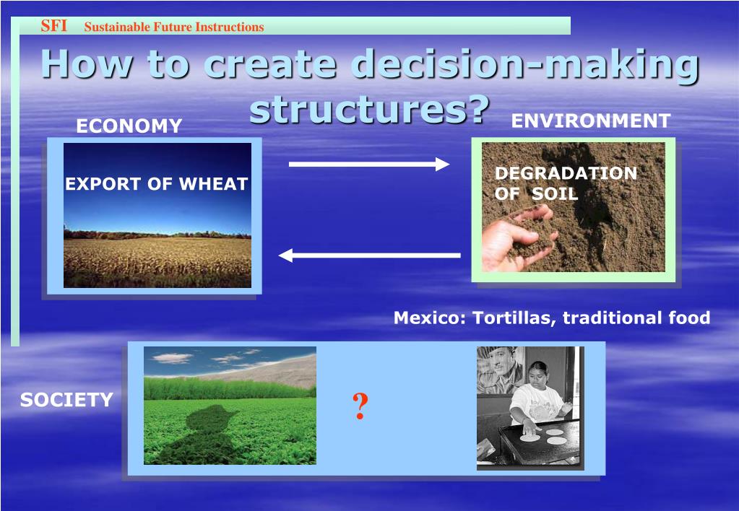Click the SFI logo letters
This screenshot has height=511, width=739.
[53, 26]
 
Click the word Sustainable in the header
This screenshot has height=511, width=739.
[114, 27]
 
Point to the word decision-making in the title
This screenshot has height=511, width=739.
[524, 64]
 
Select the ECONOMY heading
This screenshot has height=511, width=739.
[129, 126]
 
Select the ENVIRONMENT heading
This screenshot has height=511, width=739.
[591, 121]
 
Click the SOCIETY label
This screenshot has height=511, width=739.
[66, 400]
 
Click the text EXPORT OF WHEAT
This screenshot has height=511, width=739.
[157, 183]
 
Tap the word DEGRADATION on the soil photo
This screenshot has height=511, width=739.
[566, 173]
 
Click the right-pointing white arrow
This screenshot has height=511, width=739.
[369, 164]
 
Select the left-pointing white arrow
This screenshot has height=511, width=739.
[370, 255]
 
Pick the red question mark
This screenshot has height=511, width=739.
[360, 406]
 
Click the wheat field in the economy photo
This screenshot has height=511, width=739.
[157, 262]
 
